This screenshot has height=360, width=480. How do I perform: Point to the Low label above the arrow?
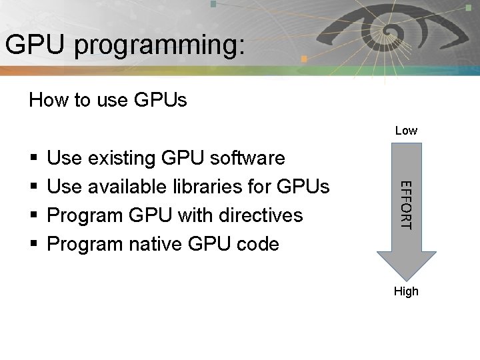coord(406,131)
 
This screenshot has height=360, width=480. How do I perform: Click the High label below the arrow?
coord(406,291)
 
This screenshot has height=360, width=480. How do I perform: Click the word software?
coord(247,159)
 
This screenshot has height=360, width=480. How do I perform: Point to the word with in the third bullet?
coord(191,216)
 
